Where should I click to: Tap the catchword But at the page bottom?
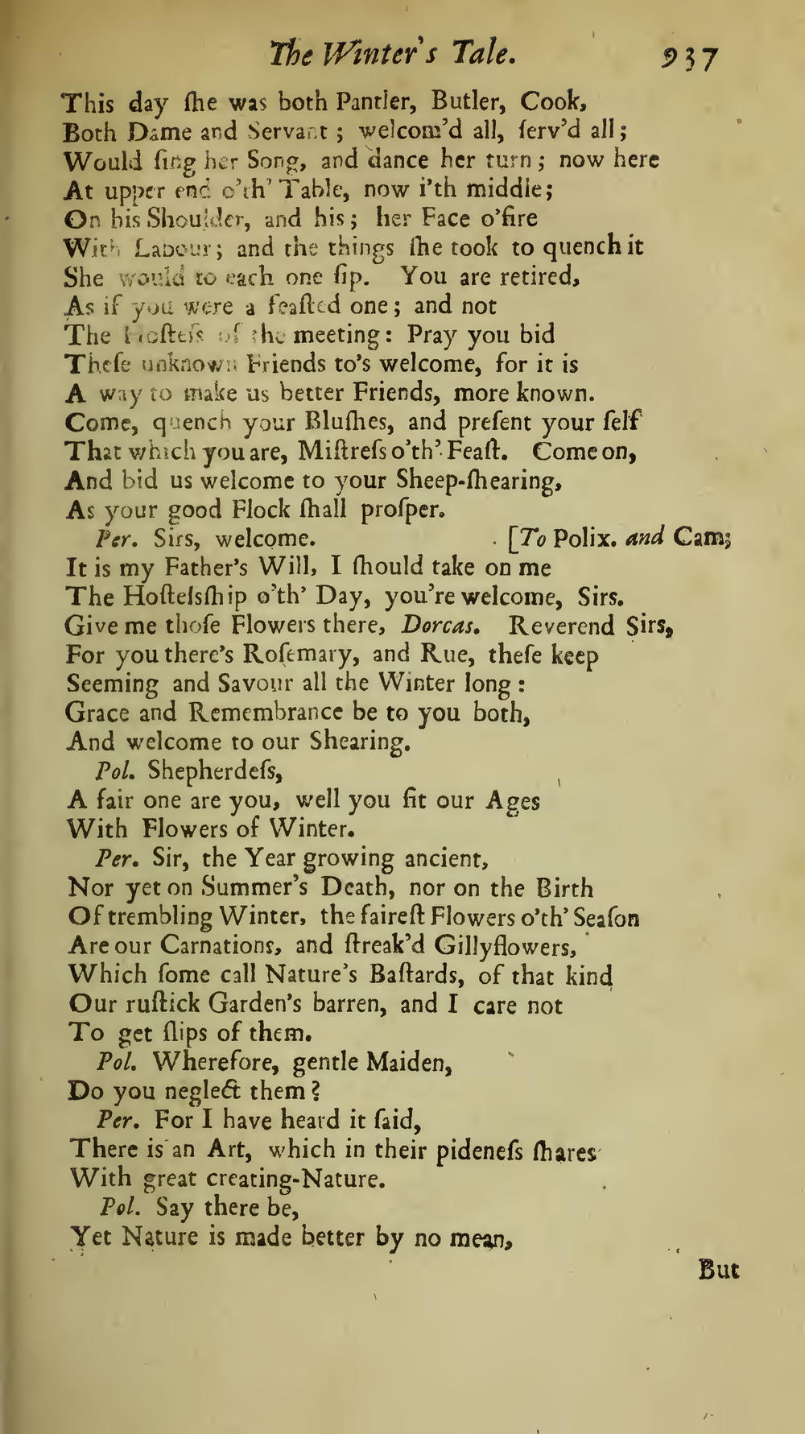pyautogui.click(x=718, y=1271)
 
